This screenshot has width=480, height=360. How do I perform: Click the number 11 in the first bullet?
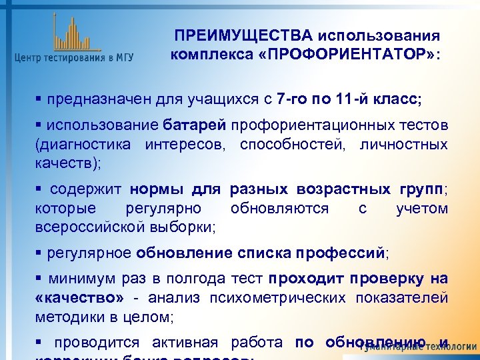coord(345,101)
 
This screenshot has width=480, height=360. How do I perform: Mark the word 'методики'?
coord(65,315)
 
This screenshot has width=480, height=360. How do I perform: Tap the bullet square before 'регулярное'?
coord(39,253)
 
